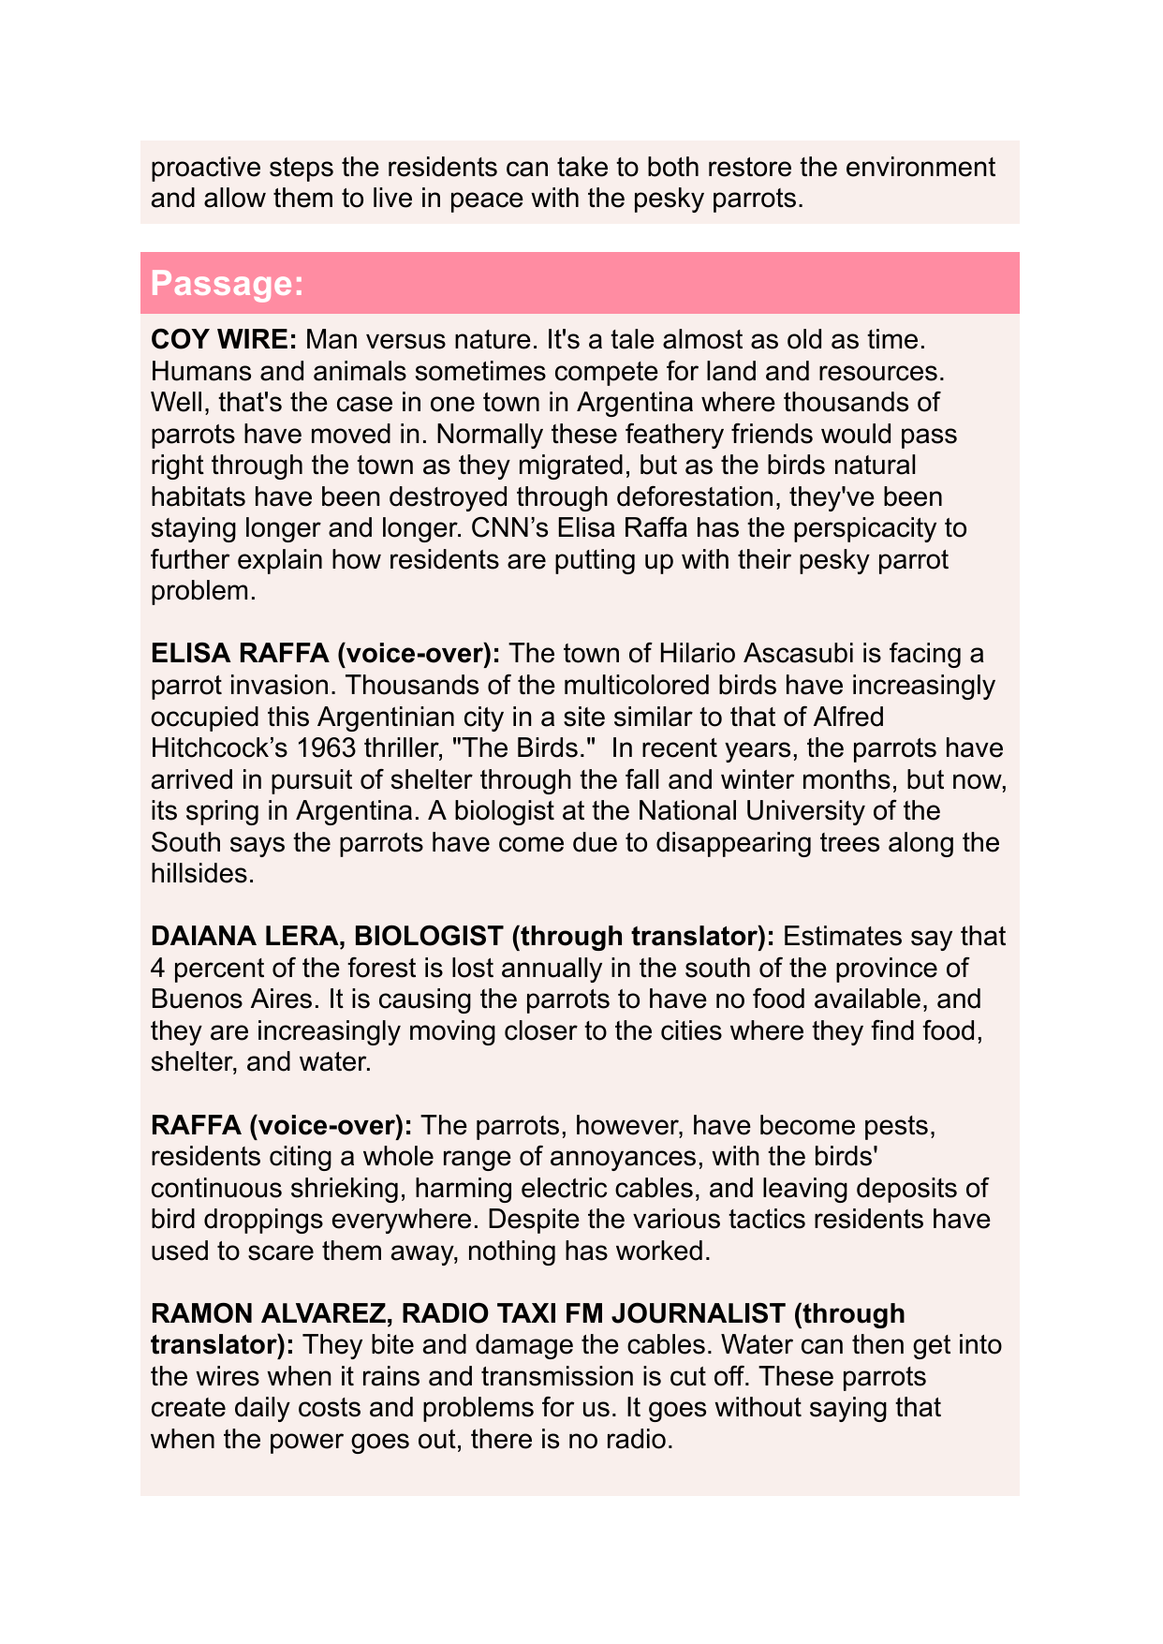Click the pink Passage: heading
coord(228,284)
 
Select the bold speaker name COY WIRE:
coord(224,339)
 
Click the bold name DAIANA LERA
coord(247,936)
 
